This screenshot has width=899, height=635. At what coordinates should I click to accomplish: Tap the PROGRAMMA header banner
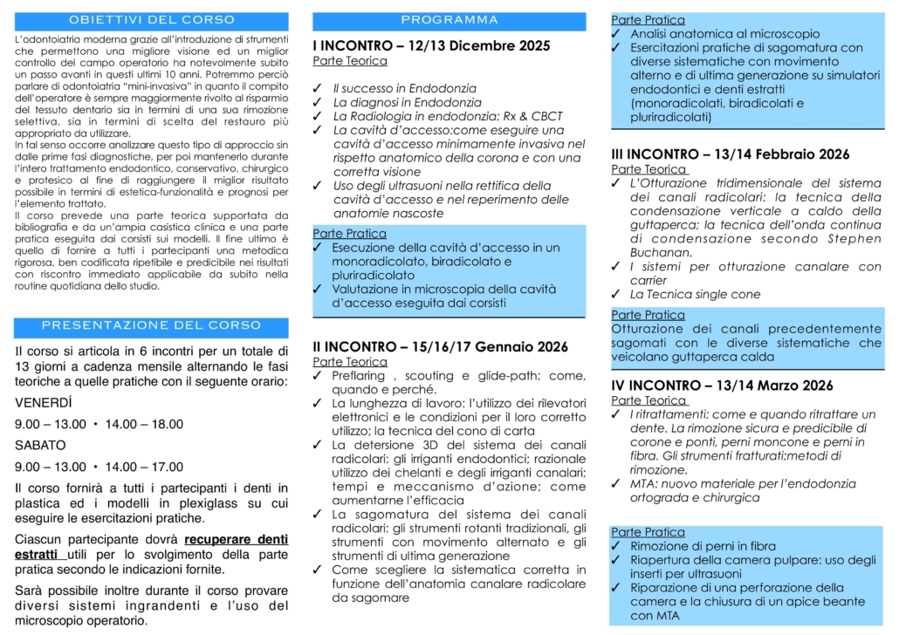pos(449,20)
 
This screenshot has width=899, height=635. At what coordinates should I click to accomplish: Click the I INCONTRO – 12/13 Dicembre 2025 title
pos(431,46)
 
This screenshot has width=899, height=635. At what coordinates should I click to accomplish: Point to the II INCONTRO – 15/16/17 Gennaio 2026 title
pos(441,346)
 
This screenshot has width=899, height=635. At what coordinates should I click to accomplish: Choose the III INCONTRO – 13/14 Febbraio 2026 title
pos(730,154)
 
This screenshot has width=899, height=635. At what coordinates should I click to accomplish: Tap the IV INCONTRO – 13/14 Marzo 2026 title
pos(721,386)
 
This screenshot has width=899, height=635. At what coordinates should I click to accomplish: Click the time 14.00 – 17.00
pos(144,467)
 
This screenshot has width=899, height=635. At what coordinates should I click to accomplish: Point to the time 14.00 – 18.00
pos(144,425)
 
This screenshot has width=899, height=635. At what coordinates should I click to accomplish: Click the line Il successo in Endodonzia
pos(404,88)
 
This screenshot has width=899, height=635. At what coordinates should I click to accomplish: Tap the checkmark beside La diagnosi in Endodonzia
pos(318,102)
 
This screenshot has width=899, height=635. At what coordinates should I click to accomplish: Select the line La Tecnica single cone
pos(695,295)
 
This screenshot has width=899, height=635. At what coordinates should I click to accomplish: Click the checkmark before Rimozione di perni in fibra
pos(616,546)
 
